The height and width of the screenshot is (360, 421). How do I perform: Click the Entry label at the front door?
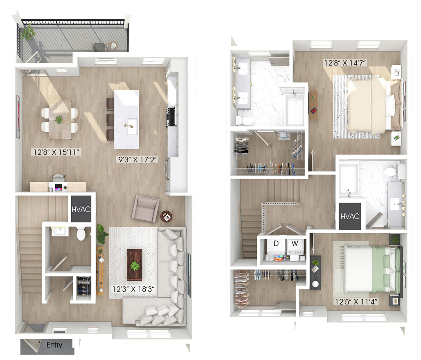coord(54,345)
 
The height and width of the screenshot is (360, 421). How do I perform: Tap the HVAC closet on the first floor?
coord(81,209)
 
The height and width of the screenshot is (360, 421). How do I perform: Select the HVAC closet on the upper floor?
coord(350,216)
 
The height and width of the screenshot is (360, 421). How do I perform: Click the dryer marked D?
coord(276,247)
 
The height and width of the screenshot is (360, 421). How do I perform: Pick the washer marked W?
coord(295,247)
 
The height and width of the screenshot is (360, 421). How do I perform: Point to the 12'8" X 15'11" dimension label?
coord(56,152)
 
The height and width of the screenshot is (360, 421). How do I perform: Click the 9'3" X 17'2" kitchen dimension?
coord(137,159)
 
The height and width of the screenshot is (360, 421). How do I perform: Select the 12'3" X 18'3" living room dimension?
coord(133,289)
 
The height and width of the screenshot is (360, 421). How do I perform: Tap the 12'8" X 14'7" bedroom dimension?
coord(345,63)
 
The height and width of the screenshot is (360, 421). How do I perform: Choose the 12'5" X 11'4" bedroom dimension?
coord(356,302)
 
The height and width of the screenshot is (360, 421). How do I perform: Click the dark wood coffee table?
coord(134,264)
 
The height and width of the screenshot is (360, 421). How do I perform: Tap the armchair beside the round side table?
coord(145,208)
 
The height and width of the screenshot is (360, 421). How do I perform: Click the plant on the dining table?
coord(59,119)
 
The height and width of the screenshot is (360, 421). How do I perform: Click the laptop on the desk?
coord(58,187)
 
